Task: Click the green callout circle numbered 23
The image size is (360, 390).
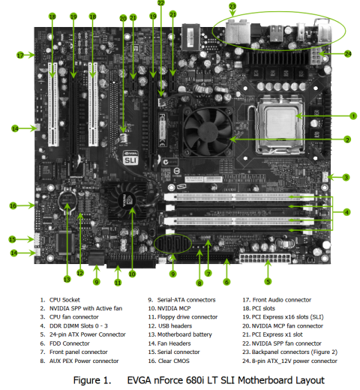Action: (x=232, y=6)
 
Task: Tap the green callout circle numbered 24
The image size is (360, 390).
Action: (x=348, y=53)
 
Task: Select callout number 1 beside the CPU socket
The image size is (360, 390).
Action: (x=353, y=116)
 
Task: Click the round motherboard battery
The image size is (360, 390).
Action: (x=67, y=200)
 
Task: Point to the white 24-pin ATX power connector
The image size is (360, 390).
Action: (x=265, y=258)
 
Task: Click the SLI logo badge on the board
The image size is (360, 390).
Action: (x=130, y=157)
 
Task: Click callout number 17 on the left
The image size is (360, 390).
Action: (x=20, y=55)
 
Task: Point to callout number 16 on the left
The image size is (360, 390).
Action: (x=13, y=205)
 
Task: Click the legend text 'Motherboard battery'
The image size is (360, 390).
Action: (x=184, y=334)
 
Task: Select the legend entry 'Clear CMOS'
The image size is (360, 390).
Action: (x=174, y=361)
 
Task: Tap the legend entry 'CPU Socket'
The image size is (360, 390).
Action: (x=64, y=300)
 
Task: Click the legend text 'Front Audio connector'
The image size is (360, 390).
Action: (x=282, y=300)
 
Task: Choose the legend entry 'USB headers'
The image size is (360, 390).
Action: (x=175, y=325)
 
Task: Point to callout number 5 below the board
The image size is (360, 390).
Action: (x=268, y=282)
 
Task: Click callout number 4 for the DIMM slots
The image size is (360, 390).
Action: (x=346, y=212)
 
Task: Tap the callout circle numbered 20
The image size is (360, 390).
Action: (x=123, y=19)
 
